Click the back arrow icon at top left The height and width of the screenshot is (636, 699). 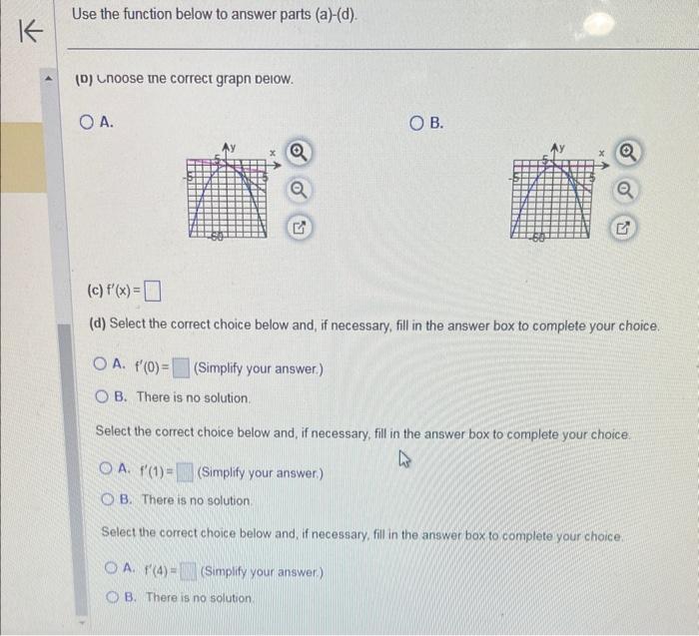(31, 32)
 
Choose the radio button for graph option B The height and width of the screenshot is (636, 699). (417, 123)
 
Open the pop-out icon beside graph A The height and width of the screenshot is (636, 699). (298, 229)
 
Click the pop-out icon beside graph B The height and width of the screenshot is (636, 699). (624, 229)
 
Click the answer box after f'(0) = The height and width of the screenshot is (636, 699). (180, 368)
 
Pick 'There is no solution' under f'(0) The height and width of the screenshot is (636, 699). (101, 397)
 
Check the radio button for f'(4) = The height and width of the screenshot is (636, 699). (112, 571)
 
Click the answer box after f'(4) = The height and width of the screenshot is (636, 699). (190, 572)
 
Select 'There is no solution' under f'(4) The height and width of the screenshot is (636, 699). (112, 597)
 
